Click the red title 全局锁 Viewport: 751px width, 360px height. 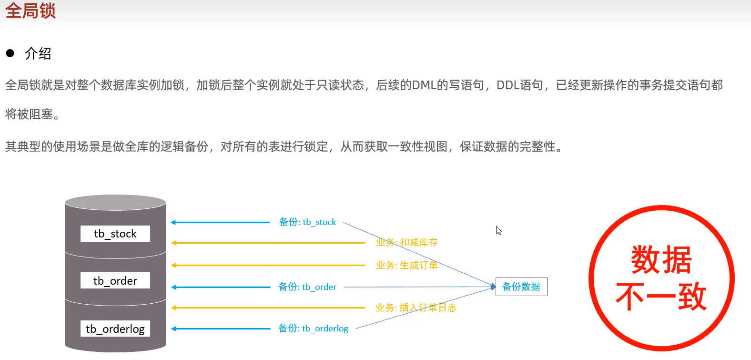[30, 10]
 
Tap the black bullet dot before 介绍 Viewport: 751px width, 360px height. [10, 53]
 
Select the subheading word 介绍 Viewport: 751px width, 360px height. [38, 53]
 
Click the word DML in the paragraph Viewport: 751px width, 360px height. [424, 85]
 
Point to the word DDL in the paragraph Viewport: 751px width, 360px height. [508, 85]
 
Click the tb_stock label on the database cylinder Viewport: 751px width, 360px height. [115, 234]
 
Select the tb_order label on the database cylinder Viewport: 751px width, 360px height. [115, 281]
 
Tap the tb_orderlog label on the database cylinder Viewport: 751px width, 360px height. [115, 329]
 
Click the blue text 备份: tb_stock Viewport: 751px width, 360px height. [307, 222]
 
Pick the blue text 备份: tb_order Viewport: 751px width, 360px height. [307, 287]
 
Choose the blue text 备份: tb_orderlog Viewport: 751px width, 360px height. [313, 329]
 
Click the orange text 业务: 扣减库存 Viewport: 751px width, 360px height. [406, 243]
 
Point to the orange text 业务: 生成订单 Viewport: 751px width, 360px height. [406, 265]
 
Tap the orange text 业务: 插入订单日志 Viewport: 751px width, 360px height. [416, 308]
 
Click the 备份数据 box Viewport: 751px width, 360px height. [521, 287]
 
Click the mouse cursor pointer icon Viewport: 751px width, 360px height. [498, 230]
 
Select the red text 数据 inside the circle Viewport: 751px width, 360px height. [661, 260]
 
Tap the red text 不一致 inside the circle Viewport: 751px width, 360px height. [661, 297]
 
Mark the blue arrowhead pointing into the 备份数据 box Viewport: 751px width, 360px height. [493, 287]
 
